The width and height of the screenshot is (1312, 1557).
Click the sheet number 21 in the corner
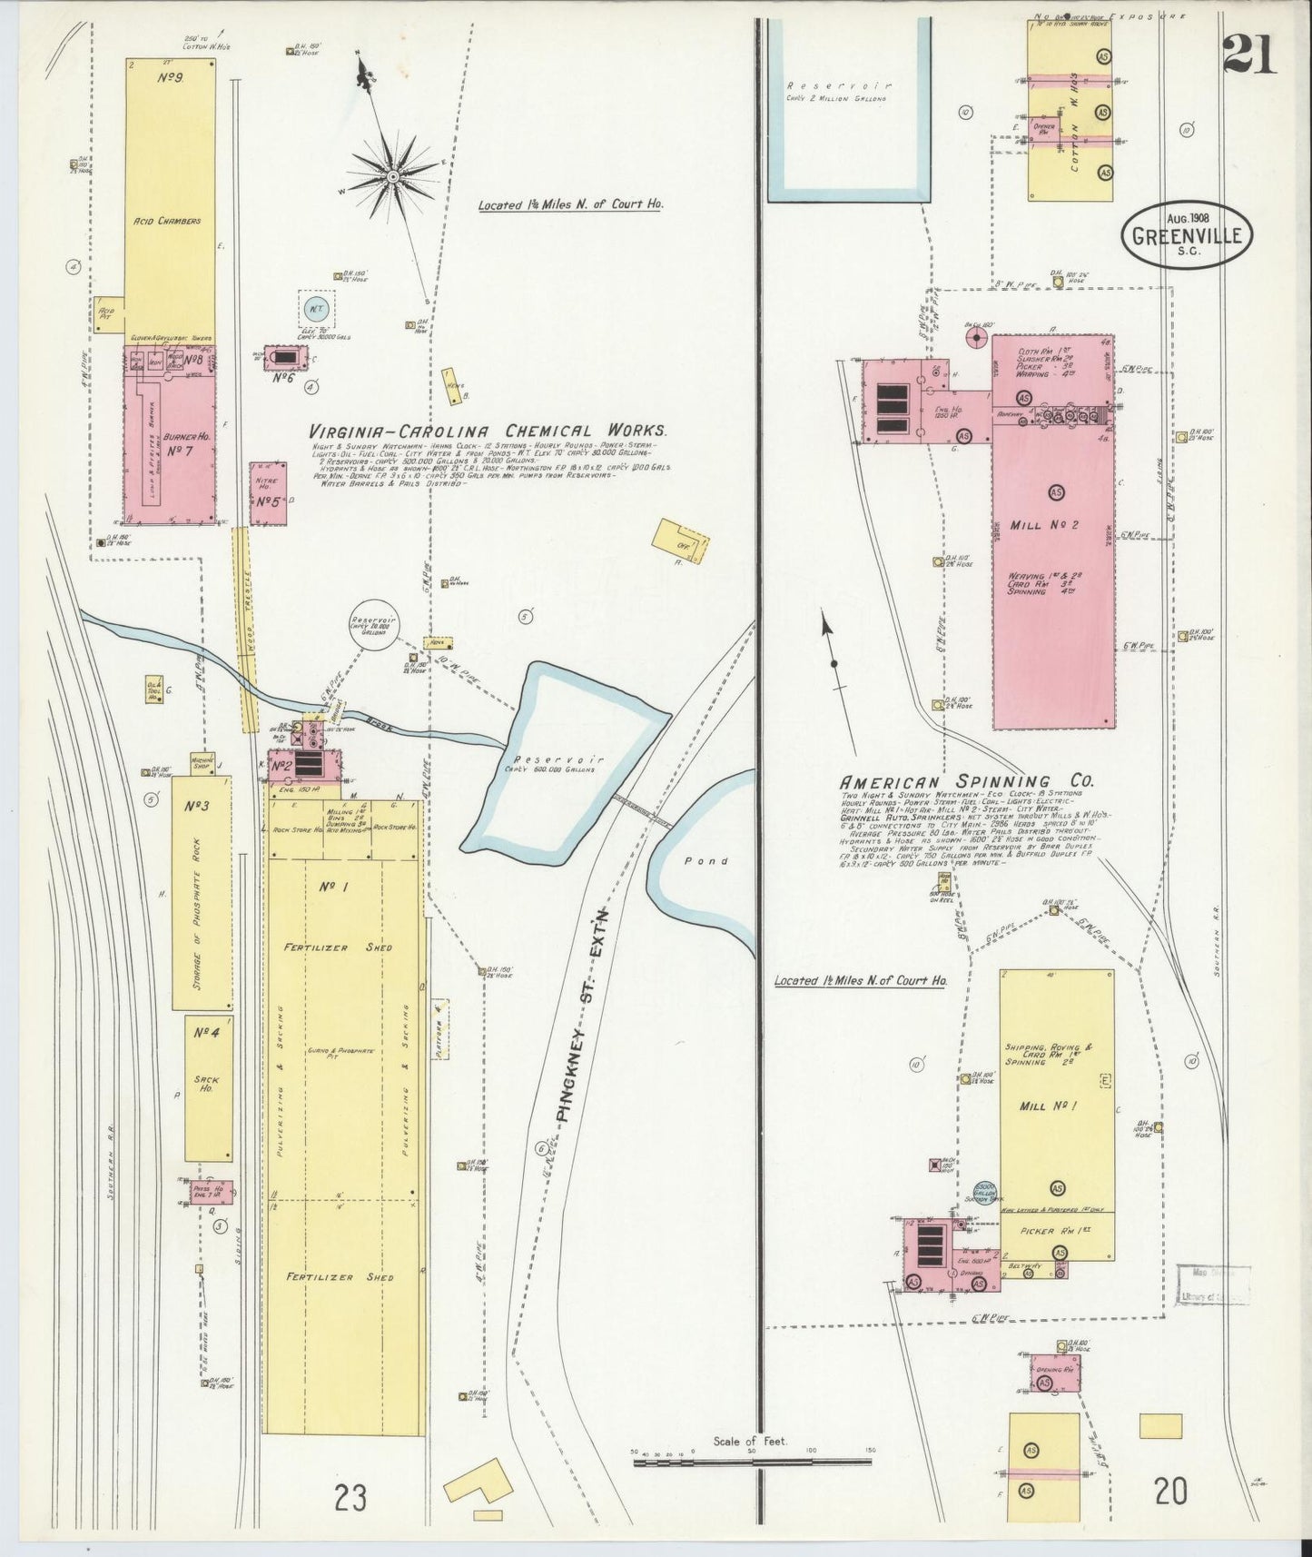pyautogui.click(x=1248, y=52)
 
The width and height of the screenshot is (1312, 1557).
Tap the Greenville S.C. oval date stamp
pyautogui.click(x=1188, y=235)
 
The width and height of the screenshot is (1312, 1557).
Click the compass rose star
pyautogui.click(x=392, y=173)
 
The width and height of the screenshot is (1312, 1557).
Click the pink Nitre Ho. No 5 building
pyautogui.click(x=269, y=494)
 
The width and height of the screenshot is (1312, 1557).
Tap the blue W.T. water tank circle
pyautogui.click(x=316, y=310)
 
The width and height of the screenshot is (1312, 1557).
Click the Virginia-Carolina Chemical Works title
pyautogui.click(x=488, y=431)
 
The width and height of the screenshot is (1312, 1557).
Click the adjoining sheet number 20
pyautogui.click(x=1171, y=1491)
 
